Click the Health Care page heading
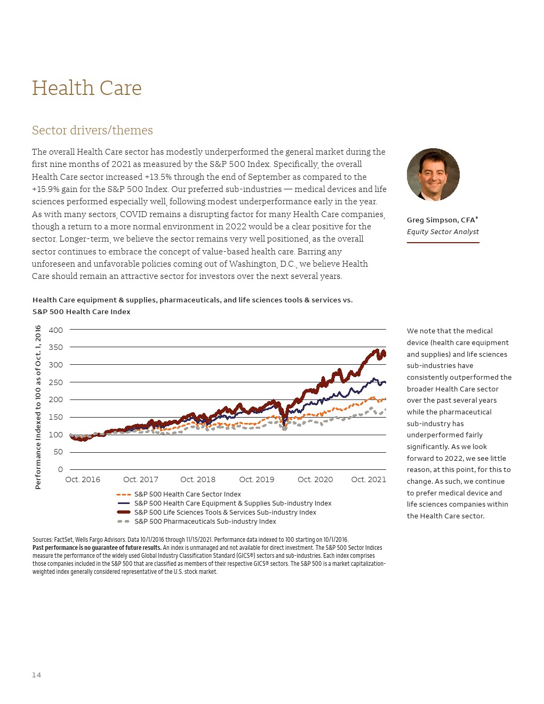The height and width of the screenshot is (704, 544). click(x=87, y=89)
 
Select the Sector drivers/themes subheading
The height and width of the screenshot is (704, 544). click(x=92, y=131)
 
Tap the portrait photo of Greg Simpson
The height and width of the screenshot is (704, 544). click(x=433, y=174)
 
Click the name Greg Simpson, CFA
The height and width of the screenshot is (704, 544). click(x=442, y=220)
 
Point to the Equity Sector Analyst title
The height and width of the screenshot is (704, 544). click(x=443, y=231)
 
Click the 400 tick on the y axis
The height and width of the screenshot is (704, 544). click(x=55, y=330)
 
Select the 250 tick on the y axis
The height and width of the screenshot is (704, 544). click(x=55, y=382)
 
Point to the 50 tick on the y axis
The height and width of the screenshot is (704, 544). click(x=58, y=452)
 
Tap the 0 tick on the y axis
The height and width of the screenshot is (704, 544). click(x=60, y=469)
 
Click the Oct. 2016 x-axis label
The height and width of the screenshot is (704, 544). click(x=83, y=479)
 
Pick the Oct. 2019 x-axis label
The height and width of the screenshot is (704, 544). click(x=257, y=479)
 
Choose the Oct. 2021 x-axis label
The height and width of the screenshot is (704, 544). click(x=369, y=479)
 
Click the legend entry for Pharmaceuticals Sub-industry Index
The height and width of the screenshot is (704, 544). click(x=205, y=522)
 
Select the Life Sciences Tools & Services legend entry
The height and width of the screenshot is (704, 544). click(x=225, y=513)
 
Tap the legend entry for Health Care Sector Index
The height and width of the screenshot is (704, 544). click(x=187, y=494)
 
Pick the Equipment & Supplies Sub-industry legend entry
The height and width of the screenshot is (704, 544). click(x=233, y=503)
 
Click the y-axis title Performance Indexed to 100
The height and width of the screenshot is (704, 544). click(x=38, y=407)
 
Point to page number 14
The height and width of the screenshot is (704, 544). click(x=36, y=675)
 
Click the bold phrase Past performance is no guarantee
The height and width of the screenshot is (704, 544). click(x=97, y=548)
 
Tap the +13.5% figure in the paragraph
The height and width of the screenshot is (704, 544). click(x=157, y=177)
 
